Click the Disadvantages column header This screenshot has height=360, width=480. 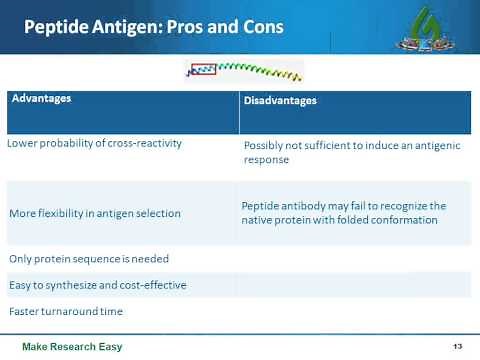pos(280,101)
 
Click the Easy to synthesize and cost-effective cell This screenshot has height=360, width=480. pos(98,285)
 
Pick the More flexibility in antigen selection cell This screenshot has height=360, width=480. pos(95,213)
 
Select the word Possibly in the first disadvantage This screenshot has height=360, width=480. pos(266,145)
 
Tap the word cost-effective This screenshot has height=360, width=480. pos(152,285)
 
